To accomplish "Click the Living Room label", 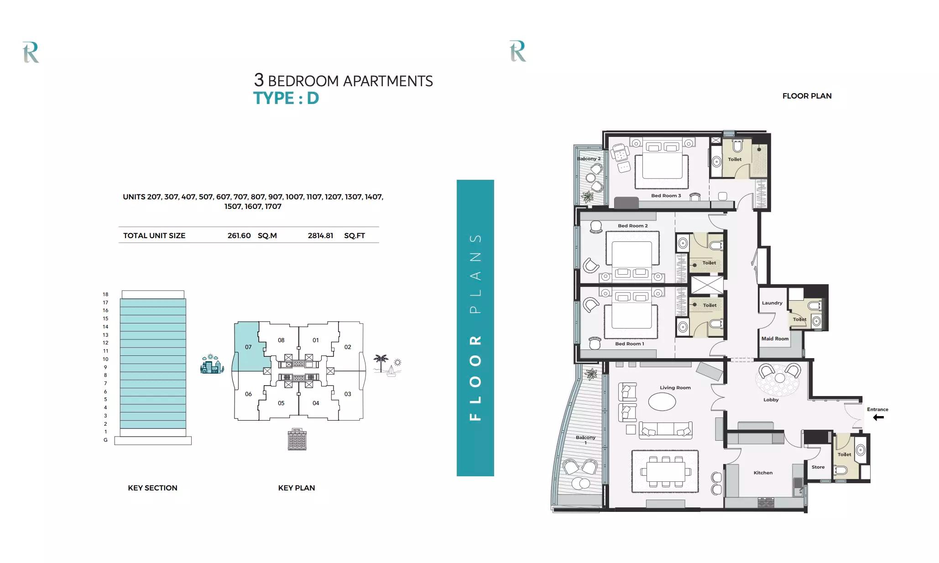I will tap(675, 388).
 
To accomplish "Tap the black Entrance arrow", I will tap(878, 417).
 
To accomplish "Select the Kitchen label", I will tap(763, 473).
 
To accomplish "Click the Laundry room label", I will tap(772, 303).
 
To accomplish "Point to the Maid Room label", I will tap(775, 339).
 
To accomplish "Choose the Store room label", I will tap(818, 467).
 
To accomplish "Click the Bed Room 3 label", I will tap(666, 196).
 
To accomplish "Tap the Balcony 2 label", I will tap(589, 159).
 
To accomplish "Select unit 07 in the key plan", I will tap(248, 347).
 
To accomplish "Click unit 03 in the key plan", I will tap(348, 394).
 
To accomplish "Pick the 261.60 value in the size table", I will tap(239, 236).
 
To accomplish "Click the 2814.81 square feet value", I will tap(320, 236).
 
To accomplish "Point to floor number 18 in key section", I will tap(105, 295).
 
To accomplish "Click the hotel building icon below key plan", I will tap(297, 439).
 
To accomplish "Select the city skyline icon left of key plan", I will tap(212, 365).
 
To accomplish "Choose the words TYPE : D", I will tap(286, 98).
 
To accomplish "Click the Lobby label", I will tap(771, 400).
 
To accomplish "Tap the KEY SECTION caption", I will tap(152, 488).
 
